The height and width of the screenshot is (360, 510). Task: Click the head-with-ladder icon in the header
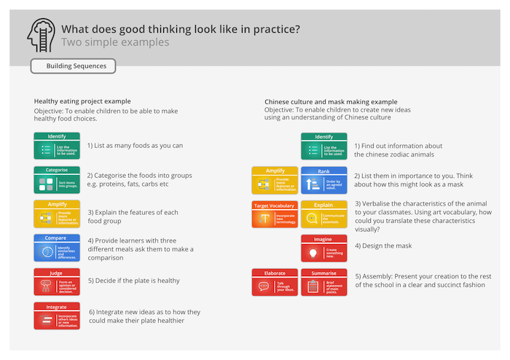[x=42, y=35]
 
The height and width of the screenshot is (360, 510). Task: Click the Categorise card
[x=56, y=179]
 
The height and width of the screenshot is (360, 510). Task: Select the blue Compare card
[x=56, y=248]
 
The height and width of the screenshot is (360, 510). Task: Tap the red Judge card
[x=56, y=282]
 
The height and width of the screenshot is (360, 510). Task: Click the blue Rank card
[x=323, y=180]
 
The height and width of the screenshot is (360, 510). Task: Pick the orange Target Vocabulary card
[x=274, y=214]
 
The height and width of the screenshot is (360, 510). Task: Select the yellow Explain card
[x=323, y=214]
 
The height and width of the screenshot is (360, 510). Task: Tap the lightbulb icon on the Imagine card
[x=312, y=252]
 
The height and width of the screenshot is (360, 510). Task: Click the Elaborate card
[x=274, y=282]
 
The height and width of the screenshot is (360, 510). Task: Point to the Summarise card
[x=323, y=282]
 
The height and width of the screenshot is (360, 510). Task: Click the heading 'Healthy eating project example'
[x=82, y=101]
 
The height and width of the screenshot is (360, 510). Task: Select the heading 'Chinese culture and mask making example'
[x=331, y=101]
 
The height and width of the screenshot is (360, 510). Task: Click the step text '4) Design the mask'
[x=383, y=246]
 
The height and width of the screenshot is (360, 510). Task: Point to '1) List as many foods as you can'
[x=135, y=145]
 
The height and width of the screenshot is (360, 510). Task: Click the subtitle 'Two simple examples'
[x=115, y=43]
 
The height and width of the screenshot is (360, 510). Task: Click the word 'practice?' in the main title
[x=275, y=29]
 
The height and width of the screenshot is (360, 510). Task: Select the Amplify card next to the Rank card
[x=274, y=180]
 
